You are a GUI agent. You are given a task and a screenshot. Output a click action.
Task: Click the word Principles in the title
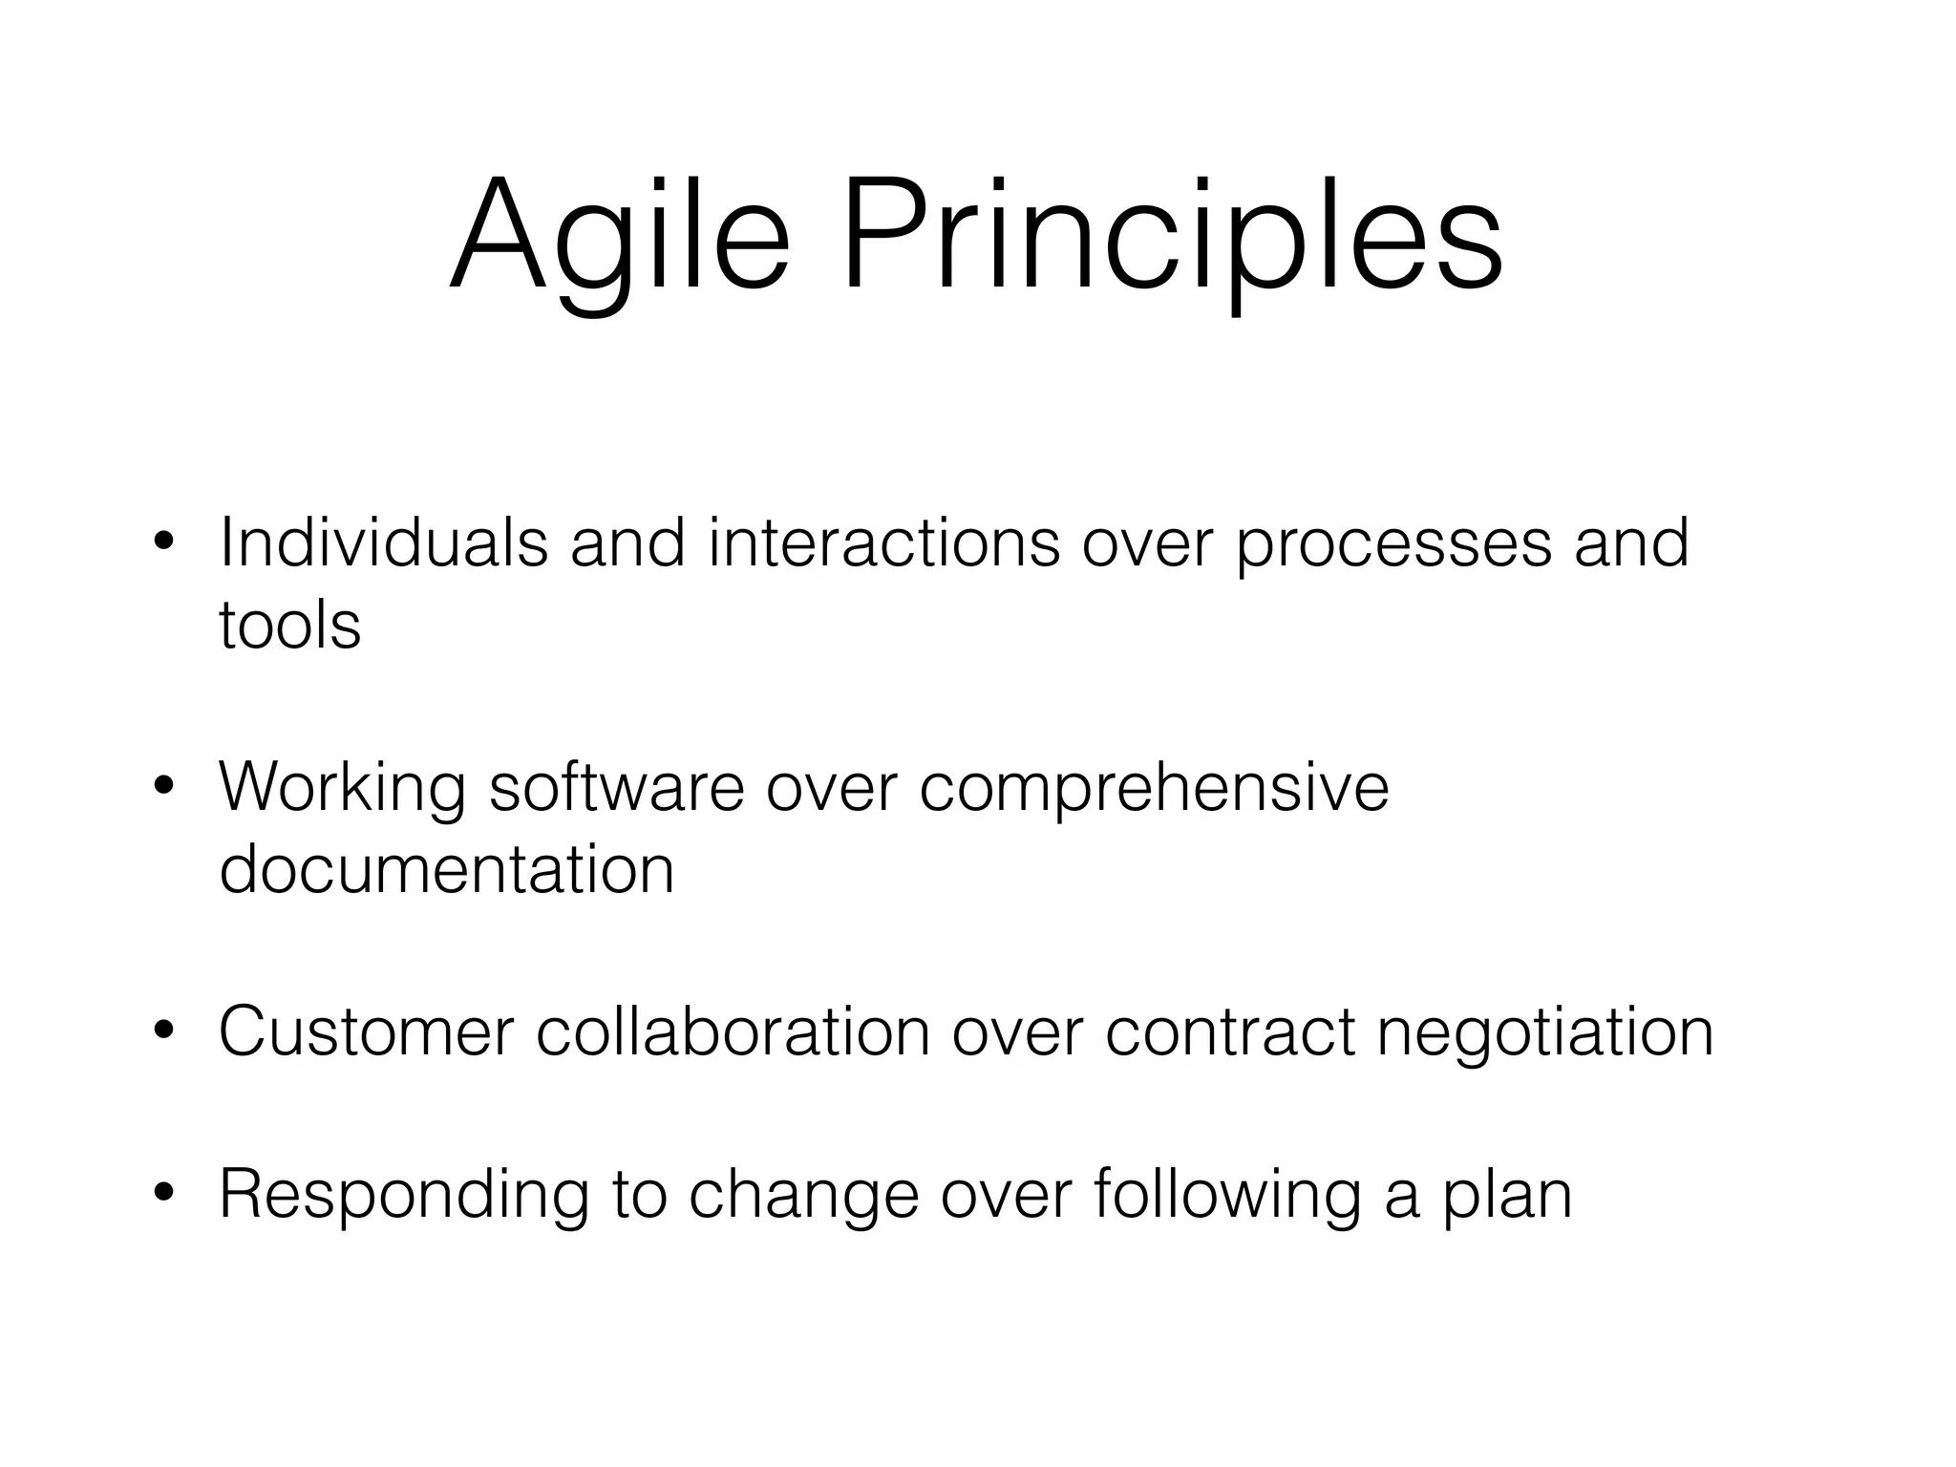(1172, 239)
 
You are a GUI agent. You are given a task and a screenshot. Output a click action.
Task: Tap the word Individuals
(383, 542)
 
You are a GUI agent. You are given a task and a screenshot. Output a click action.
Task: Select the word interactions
(884, 542)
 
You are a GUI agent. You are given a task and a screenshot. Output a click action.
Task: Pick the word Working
(342, 789)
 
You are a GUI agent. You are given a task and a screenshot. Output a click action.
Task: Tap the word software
(616, 787)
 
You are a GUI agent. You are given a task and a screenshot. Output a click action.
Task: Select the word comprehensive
(1154, 789)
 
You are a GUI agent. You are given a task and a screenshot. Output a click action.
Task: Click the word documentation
(447, 869)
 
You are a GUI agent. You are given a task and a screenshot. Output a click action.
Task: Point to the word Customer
(367, 1031)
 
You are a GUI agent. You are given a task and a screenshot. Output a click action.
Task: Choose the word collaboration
(733, 1031)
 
